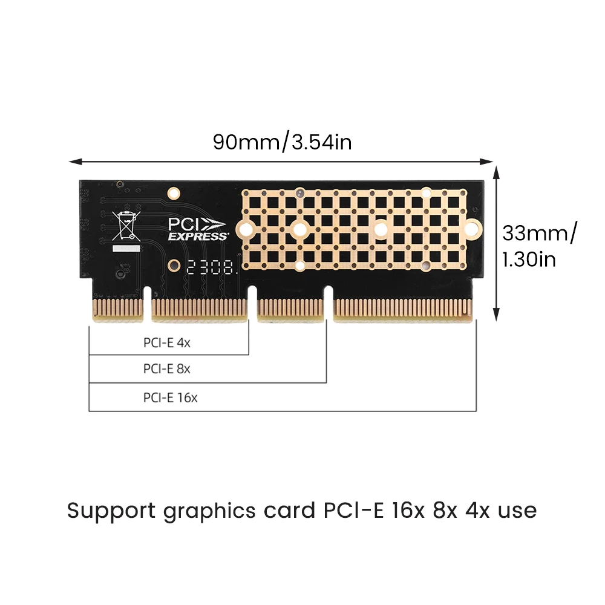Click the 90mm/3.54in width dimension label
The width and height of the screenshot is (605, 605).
[282, 142]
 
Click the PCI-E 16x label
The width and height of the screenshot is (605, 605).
[171, 397]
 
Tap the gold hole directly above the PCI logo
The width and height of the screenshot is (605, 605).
[174, 194]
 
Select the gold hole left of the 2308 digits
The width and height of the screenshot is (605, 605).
[174, 265]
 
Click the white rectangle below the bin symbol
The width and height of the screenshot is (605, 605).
[126, 249]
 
